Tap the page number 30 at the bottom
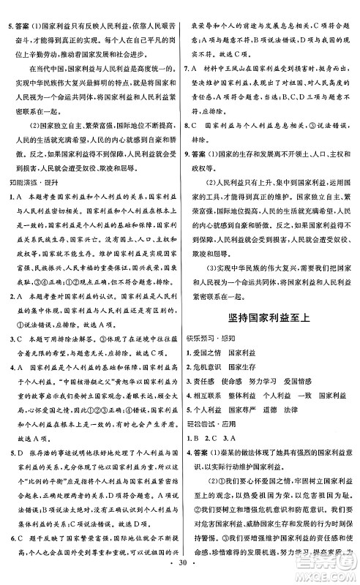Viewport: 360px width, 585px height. pyautogui.click(x=180, y=575)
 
